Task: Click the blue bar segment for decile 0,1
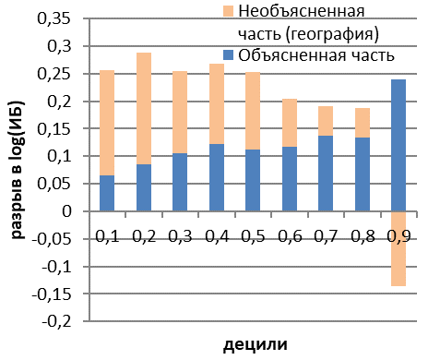tap(107, 193)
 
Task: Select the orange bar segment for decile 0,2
tap(144, 109)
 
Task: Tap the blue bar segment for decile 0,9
tap(398, 145)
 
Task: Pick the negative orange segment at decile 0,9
tap(398, 248)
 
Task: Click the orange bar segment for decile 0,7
tap(326, 121)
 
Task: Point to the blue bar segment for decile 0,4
tap(217, 177)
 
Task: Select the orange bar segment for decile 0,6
tap(290, 123)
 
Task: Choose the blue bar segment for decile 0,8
tap(363, 174)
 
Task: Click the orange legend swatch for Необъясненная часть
tap(229, 11)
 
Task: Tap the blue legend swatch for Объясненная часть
tap(229, 55)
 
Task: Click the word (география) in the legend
tap(332, 34)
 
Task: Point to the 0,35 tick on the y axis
tap(54, 18)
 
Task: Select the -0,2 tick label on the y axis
tap(56, 321)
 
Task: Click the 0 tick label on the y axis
tap(66, 211)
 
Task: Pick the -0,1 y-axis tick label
tap(56, 267)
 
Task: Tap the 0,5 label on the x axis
tap(254, 236)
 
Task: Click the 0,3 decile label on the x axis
tap(181, 236)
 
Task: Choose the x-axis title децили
tap(255, 344)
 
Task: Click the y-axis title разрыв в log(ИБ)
tap(18, 169)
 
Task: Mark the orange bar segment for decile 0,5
tap(253, 111)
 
